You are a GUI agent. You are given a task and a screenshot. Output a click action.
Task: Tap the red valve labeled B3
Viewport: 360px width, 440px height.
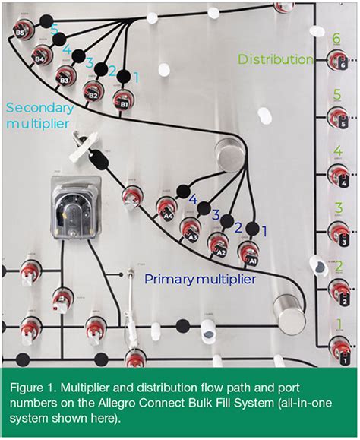66,76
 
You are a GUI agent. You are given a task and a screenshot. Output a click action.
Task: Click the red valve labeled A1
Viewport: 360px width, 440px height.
248,252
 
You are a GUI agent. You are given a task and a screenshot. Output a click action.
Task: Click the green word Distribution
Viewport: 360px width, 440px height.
276,59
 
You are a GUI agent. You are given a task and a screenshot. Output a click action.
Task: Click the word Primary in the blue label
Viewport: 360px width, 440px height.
168,279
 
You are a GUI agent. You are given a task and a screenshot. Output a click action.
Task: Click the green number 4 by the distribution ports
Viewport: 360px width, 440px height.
337,151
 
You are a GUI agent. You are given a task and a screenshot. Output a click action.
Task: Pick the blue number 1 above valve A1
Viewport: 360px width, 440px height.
265,228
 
